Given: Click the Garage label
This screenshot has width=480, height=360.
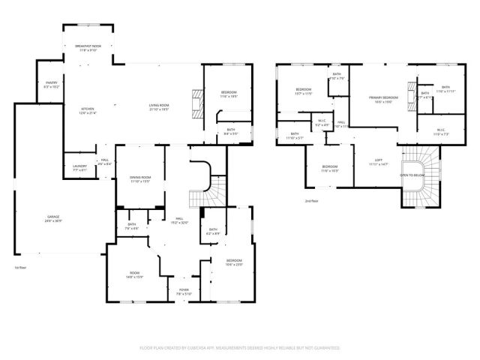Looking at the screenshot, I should coord(51,217).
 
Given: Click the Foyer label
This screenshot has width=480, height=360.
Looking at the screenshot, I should coord(184,289).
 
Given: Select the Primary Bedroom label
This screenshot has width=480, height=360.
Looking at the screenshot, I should coord(383,97).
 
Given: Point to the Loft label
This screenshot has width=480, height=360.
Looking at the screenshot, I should coord(379,160).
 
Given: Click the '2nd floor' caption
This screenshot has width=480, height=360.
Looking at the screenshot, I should coord(311,201).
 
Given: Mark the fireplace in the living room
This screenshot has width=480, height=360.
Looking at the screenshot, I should coord(197,102).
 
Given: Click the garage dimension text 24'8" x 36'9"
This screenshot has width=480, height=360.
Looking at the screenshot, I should coord(51,221).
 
